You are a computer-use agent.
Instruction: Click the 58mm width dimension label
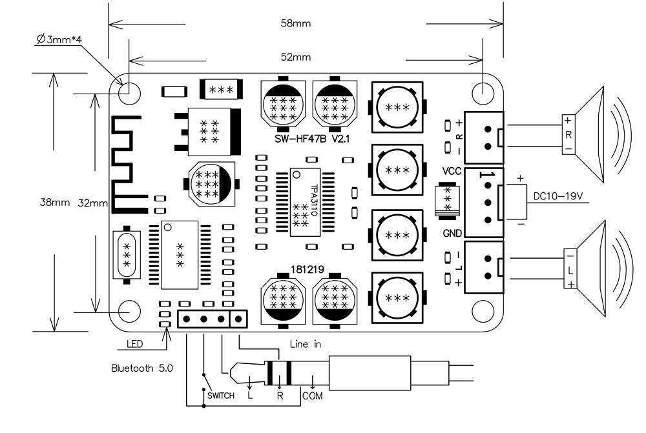297,24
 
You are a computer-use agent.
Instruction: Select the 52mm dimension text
297,57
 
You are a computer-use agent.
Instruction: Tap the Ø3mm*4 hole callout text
59,40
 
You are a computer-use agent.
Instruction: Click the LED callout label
134,343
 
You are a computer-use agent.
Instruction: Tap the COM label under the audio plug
312,396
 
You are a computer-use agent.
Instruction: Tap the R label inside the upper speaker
568,135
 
